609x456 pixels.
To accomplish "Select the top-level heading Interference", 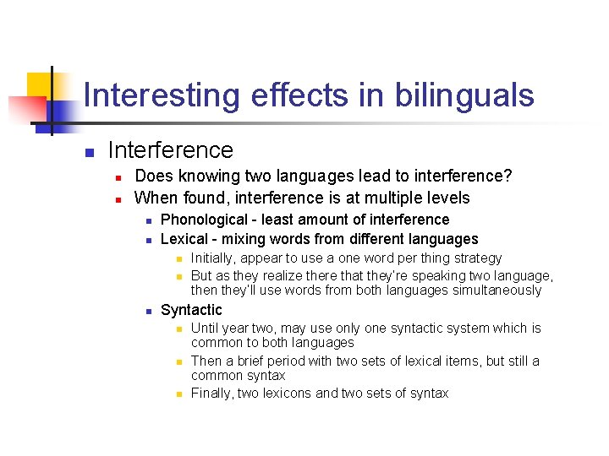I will tap(170, 150).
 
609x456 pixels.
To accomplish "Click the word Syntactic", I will tap(191, 310).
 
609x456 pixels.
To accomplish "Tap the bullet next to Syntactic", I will tap(147, 312).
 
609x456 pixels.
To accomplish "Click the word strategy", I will tap(475, 258).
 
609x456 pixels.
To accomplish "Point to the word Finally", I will tap(213, 393).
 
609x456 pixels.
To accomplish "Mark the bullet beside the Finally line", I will tap(178, 394).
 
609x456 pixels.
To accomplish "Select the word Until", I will tap(206, 328).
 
